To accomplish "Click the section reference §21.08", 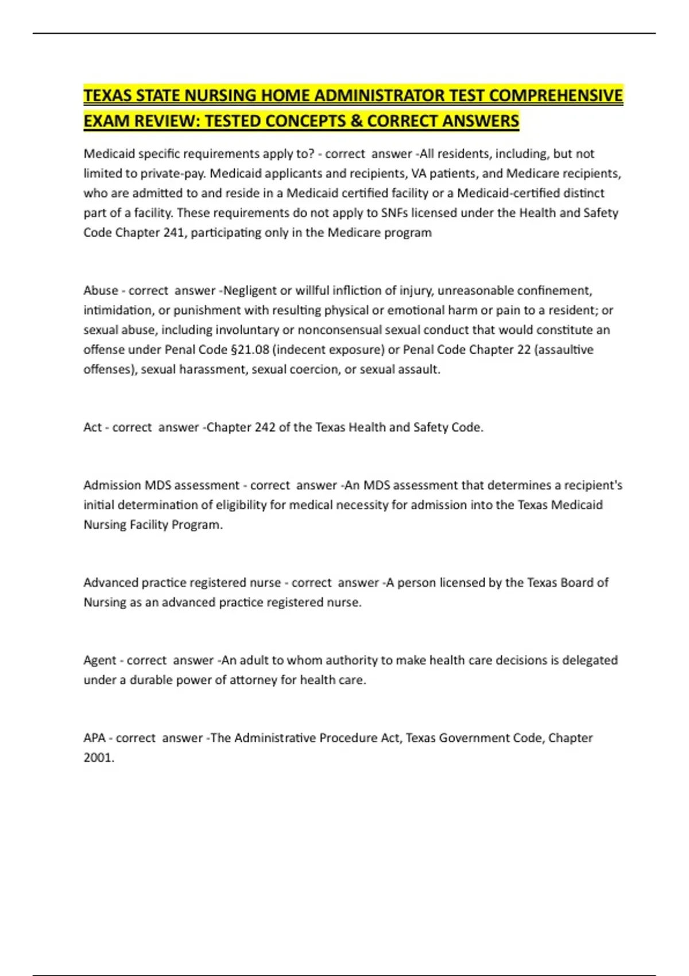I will [x=250, y=350].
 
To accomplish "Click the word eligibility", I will [x=249, y=505].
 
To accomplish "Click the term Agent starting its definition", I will [x=100, y=660].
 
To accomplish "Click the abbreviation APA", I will [x=95, y=738].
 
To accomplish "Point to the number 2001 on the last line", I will [x=98, y=758].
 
